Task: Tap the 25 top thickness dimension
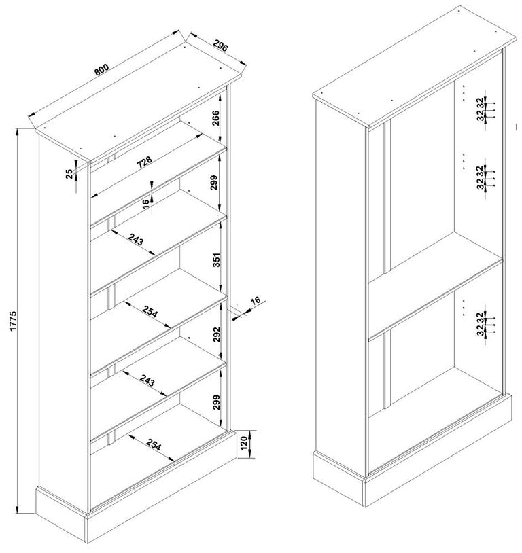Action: (x=69, y=173)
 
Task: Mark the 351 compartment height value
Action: (x=215, y=260)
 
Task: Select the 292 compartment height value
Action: (x=215, y=335)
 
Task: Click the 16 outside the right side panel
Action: (x=255, y=302)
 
